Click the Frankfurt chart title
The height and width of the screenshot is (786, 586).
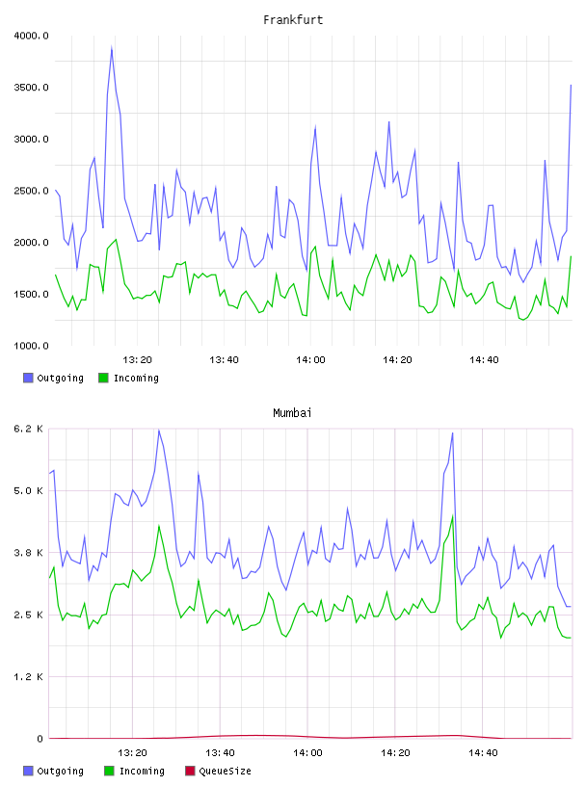click(x=293, y=20)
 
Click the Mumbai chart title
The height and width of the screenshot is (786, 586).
click(x=292, y=413)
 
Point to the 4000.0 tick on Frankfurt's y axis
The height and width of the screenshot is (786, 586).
click(x=32, y=36)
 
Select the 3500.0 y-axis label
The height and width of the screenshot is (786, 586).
click(x=32, y=88)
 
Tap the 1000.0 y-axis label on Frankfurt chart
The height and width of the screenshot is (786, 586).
click(x=32, y=346)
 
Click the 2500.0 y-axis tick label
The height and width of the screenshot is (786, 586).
click(x=32, y=191)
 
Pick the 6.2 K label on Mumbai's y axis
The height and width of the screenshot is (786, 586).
click(x=29, y=429)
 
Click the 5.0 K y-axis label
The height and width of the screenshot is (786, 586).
click(x=29, y=490)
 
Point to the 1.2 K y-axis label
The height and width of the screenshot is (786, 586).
click(x=29, y=677)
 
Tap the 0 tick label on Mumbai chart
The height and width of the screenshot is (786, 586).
click(x=40, y=739)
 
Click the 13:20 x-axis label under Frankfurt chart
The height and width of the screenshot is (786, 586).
click(x=137, y=360)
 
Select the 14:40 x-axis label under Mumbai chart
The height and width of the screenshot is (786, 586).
click(x=483, y=753)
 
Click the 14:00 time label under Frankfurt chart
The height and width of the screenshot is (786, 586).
click(x=310, y=360)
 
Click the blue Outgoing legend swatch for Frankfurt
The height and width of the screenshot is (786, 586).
click(x=28, y=378)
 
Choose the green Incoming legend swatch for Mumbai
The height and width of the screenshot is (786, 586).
click(x=109, y=771)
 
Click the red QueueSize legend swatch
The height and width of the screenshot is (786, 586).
click(x=190, y=771)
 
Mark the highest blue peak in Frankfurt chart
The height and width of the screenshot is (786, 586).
click(x=112, y=47)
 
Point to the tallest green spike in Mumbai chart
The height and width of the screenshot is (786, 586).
click(x=453, y=516)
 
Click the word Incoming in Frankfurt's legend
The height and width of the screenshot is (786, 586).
click(x=136, y=378)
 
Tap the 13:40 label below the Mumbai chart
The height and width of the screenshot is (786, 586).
click(x=220, y=753)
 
